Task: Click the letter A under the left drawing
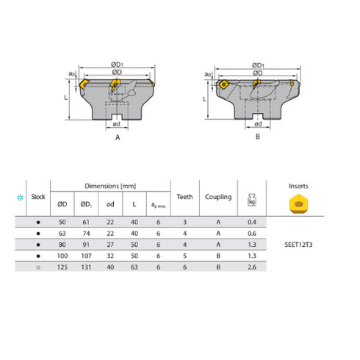pyautogui.click(x=118, y=136)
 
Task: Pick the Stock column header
pyautogui.click(x=37, y=197)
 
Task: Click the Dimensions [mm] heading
pyautogui.click(x=109, y=187)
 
